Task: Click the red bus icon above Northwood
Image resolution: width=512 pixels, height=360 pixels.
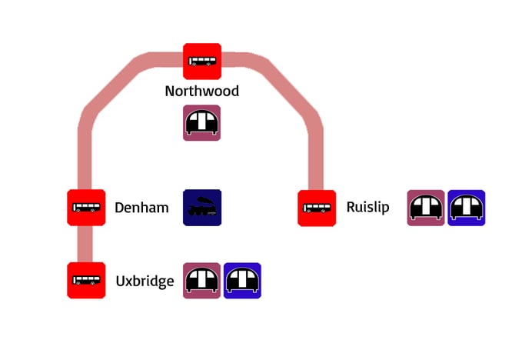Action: point(202,62)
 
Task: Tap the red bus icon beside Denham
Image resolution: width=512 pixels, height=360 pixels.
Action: point(86,208)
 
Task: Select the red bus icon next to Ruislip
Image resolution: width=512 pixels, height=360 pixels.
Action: point(317,208)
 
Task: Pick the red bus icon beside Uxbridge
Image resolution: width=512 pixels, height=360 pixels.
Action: point(86,280)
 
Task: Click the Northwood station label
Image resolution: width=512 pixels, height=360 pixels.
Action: point(202,91)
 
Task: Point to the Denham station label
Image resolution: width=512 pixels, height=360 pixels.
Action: point(141,208)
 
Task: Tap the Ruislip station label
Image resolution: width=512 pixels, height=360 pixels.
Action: point(367,208)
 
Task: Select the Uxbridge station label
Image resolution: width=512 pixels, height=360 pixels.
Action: point(145,281)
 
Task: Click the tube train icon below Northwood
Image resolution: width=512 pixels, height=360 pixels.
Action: point(202,123)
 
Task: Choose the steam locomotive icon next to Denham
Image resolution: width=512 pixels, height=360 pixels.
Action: point(202,208)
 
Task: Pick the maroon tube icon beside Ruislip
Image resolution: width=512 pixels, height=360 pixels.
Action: point(426,208)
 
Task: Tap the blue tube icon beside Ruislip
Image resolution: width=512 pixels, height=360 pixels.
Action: point(467,208)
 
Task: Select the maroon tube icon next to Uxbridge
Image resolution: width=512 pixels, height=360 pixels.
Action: point(202,281)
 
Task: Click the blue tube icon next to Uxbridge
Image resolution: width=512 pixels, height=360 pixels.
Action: point(242,281)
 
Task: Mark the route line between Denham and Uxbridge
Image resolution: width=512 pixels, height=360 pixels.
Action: point(86,244)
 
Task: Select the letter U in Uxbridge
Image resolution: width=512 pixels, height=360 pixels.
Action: point(121,281)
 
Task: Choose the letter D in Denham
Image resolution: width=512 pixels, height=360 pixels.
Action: point(120,208)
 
